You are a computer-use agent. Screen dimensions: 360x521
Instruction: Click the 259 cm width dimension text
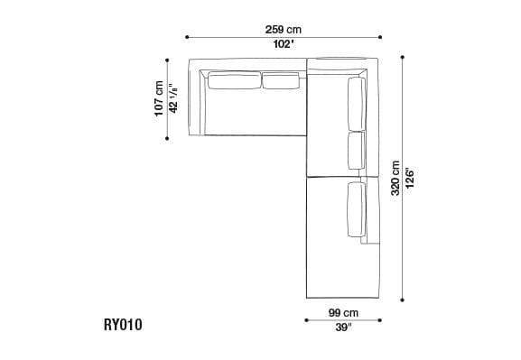(284, 29)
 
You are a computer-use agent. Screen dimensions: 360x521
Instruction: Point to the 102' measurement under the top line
(284, 44)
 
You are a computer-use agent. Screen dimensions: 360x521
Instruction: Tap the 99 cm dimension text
(343, 313)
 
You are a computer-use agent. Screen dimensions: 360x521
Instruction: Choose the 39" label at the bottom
(343, 328)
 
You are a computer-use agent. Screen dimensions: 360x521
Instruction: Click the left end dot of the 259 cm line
(186, 37)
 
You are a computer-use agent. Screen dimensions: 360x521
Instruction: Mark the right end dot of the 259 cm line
(381, 37)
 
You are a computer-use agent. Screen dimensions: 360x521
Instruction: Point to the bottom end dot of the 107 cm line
(167, 138)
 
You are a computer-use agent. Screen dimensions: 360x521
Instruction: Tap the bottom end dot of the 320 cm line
(402, 300)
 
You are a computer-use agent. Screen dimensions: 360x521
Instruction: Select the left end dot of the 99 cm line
(306, 320)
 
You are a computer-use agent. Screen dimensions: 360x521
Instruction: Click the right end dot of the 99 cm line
(380, 320)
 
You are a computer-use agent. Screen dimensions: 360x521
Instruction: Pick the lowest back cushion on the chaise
(355, 209)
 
